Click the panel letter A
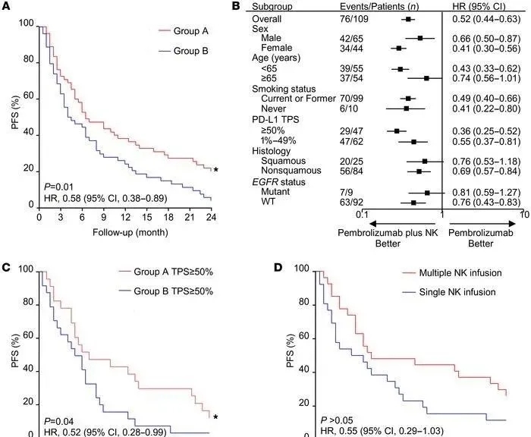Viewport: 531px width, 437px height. pyautogui.click(x=6, y=6)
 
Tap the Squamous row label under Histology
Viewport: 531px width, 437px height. pyautogui.click(x=284, y=162)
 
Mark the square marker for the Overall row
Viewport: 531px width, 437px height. pyautogui.click(x=408, y=18)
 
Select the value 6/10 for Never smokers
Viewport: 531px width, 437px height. pyautogui.click(x=349, y=108)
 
